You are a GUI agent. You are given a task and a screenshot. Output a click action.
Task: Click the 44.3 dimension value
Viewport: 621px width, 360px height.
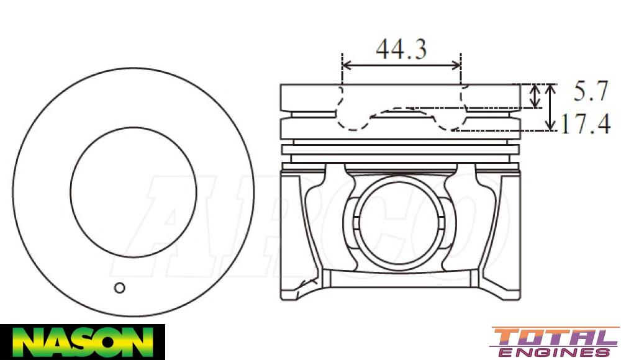pos(401,48)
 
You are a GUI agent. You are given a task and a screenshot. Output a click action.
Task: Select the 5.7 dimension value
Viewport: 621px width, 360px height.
pos(589,92)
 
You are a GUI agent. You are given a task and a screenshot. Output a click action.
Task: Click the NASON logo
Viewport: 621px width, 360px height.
pos(82,341)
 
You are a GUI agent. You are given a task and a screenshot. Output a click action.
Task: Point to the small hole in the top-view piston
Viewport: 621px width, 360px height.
pos(120,287)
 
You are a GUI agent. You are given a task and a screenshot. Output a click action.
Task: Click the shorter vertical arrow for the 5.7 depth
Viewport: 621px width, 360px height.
pos(535,96)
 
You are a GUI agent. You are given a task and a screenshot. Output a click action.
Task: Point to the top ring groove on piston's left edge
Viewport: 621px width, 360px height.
pos(284,114)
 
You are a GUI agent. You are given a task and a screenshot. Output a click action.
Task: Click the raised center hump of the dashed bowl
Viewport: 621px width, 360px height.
pos(401,110)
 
